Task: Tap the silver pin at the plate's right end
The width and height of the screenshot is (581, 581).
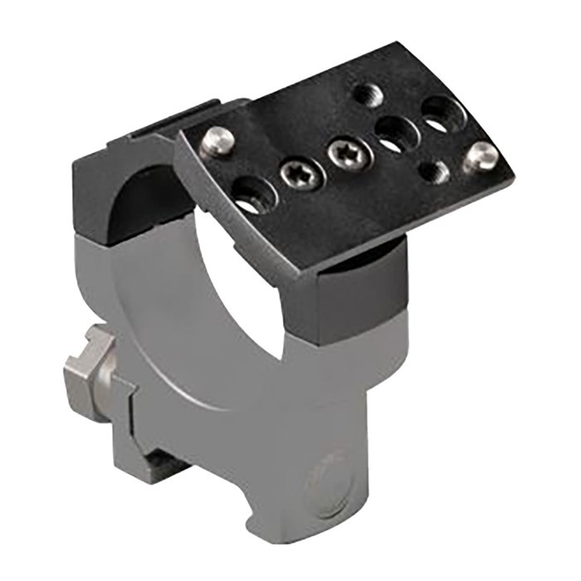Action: pos(481,154)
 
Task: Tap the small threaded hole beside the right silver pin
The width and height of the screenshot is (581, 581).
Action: pos(433,171)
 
